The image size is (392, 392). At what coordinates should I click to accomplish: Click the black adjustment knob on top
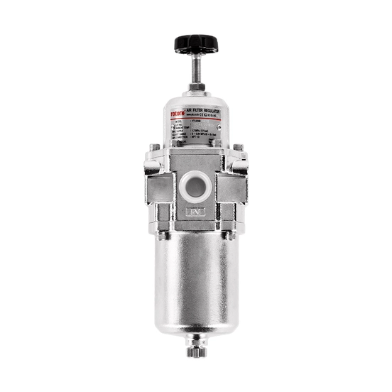point(195,45)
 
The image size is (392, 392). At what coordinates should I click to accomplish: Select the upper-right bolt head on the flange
point(238,149)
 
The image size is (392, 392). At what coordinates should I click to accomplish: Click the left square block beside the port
point(160,187)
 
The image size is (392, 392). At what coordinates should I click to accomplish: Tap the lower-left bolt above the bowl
point(163,233)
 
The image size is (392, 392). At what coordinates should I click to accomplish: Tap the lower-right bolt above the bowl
point(228,233)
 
